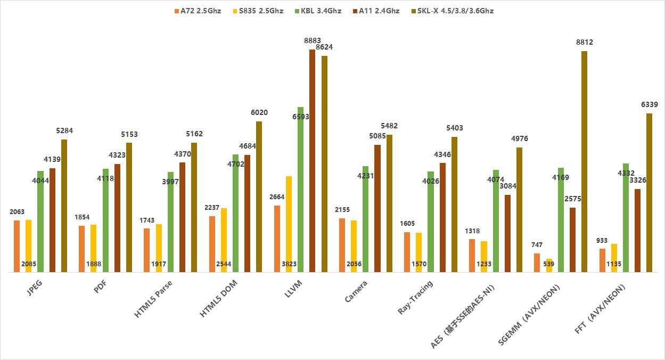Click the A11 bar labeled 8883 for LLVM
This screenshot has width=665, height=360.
312,160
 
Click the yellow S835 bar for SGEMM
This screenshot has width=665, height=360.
549,265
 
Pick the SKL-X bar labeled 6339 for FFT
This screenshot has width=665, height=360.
649,192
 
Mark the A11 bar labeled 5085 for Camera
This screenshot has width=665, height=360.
377,208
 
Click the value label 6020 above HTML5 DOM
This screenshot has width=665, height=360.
259,113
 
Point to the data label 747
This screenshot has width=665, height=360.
537,245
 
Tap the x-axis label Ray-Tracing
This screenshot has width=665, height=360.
416,298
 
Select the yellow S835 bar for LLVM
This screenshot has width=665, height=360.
289,224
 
